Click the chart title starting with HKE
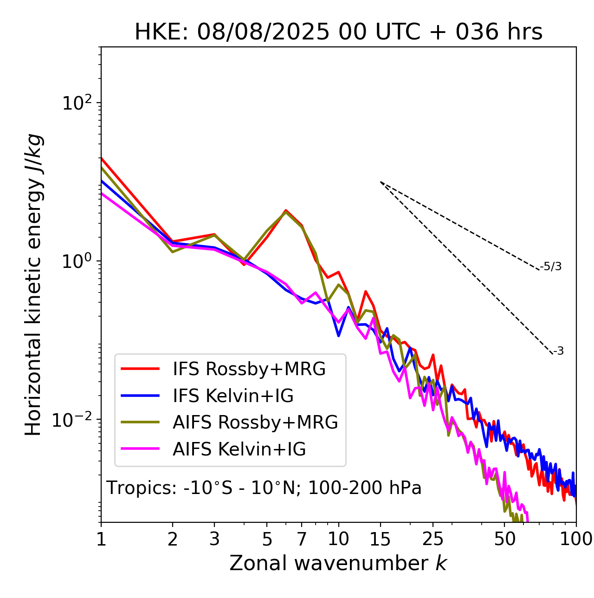tap(338, 32)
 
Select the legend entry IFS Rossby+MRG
tap(249, 369)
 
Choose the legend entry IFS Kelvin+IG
tap(233, 396)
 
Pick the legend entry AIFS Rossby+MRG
tap(255, 422)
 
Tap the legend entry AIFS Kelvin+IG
tap(239, 449)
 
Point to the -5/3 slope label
tap(551, 266)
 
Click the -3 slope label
tap(559, 351)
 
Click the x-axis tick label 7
tap(302, 539)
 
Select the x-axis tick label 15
tap(380, 539)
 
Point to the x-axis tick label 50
tap(504, 539)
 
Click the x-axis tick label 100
tap(576, 539)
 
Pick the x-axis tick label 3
tap(214, 539)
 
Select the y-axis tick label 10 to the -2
tap(74, 419)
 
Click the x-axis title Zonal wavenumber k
tap(338, 563)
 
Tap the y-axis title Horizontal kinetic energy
tap(33, 285)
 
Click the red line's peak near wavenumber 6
tap(286, 210)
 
